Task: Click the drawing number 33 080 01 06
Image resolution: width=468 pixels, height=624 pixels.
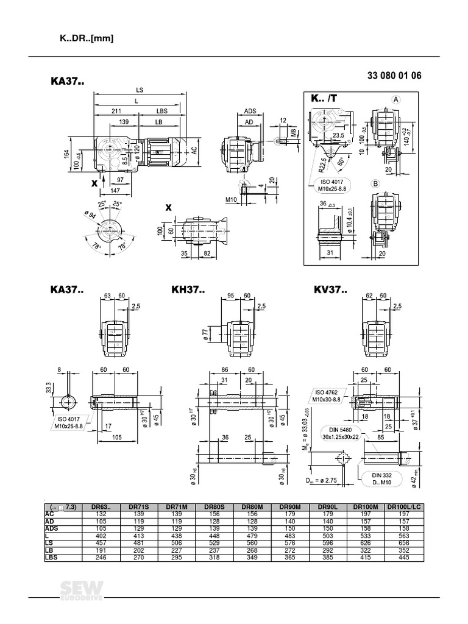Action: coord(394,76)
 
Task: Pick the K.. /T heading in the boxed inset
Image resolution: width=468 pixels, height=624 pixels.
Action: coord(324,99)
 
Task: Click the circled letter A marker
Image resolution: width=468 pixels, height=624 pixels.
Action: coord(395,100)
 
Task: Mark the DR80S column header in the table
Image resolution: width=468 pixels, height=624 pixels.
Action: coord(214,506)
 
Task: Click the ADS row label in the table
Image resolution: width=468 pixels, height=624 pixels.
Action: coord(52,529)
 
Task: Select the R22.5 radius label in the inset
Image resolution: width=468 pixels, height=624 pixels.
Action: coord(319,166)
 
